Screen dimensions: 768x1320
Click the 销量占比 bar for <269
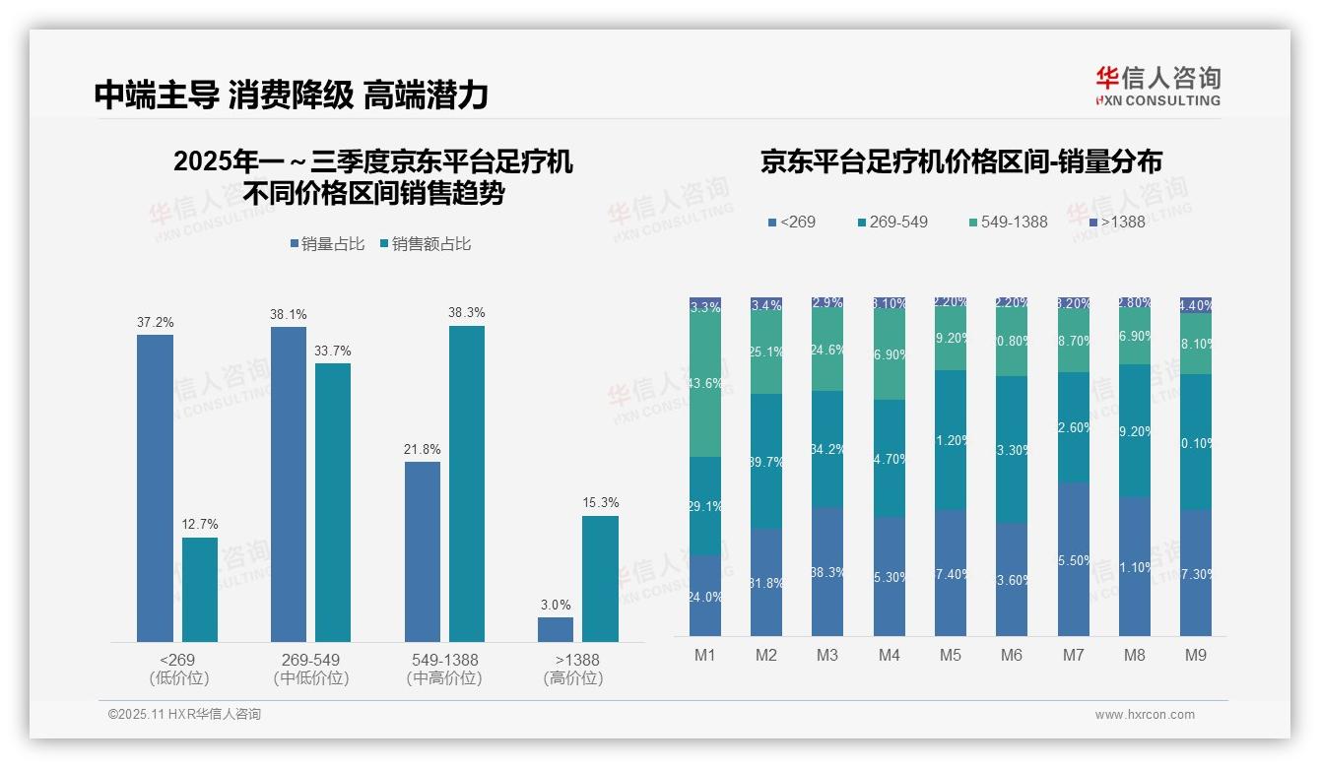point(155,488)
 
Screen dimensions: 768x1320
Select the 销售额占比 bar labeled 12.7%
point(200,590)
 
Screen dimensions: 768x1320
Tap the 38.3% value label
point(467,312)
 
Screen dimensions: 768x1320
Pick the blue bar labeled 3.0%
point(556,629)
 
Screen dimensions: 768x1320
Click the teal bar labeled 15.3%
point(600,579)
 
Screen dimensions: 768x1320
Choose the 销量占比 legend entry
point(332,244)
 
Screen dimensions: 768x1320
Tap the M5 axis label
point(950,655)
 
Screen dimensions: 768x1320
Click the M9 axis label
point(1195,655)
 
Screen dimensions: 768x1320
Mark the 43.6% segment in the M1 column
point(705,385)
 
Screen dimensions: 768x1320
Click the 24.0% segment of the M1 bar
point(705,595)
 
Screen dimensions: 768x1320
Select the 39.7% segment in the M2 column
point(766,461)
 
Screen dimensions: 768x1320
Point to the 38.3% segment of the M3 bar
point(827,571)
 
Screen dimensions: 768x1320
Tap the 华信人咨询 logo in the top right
point(1157,87)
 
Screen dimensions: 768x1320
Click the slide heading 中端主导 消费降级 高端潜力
point(292,95)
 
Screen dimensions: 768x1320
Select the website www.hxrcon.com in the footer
point(1145,715)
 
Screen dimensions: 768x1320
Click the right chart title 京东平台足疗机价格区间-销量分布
point(960,162)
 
